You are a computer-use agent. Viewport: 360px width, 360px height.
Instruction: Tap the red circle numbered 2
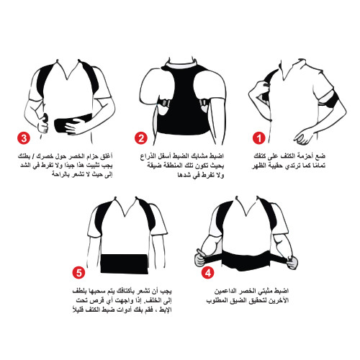point(140,138)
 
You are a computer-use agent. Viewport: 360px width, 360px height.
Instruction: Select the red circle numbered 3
point(25,138)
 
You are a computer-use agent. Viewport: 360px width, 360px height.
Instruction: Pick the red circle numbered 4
point(207,273)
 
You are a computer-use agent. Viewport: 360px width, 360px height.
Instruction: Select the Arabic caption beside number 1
point(302,161)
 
